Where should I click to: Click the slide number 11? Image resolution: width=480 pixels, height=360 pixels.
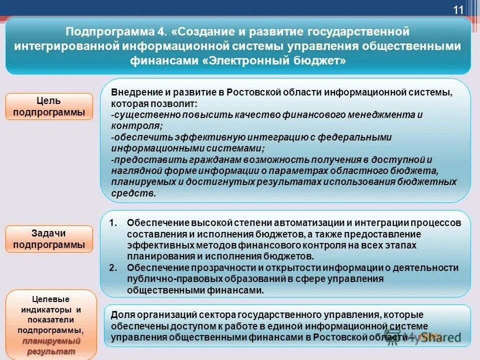458,10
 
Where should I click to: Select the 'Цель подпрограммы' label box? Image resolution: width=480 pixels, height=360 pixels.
49,106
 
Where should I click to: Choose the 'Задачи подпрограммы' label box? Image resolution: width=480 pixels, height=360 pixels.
49,239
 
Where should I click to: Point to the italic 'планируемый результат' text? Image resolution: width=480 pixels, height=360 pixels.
48,346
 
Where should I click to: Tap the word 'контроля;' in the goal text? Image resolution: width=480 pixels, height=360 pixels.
129,125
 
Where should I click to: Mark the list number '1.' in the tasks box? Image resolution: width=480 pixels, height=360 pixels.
113,222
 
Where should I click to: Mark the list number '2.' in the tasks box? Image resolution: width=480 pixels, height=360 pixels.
113,267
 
